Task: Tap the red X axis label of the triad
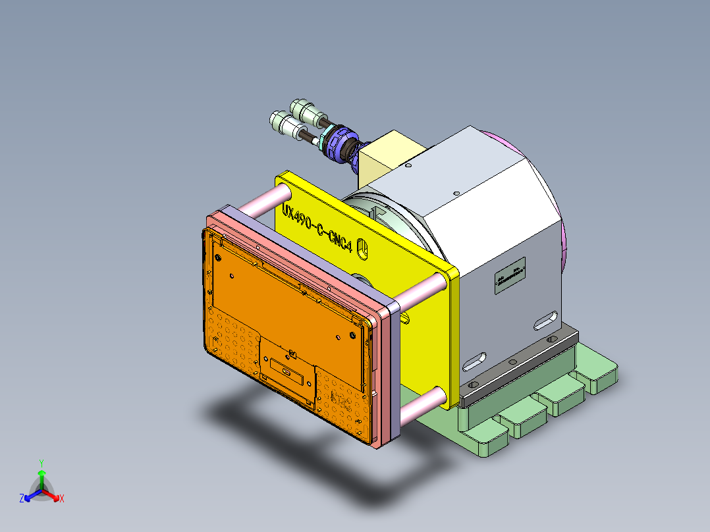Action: (62, 498)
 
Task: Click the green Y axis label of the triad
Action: (41, 462)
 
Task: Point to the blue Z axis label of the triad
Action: (21, 498)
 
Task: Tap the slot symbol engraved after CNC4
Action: (362, 248)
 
